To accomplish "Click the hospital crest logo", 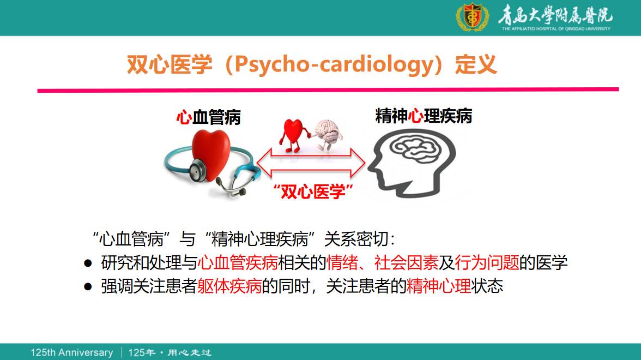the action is pyautogui.click(x=472, y=17).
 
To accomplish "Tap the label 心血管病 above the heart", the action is pyautogui.click(x=208, y=117).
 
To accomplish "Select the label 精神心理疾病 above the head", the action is pyautogui.click(x=424, y=116).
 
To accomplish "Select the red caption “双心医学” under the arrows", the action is pyautogui.click(x=313, y=191).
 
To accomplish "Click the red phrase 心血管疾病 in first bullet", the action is pyautogui.click(x=238, y=262).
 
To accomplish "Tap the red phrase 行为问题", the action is pyautogui.click(x=487, y=262).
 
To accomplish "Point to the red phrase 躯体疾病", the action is pyautogui.click(x=230, y=286).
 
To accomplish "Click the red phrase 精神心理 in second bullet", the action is pyautogui.click(x=439, y=286).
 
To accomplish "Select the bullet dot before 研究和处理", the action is pyautogui.click(x=88, y=263).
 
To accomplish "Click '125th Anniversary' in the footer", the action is pyautogui.click(x=72, y=352).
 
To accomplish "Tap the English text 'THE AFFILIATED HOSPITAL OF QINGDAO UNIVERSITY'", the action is pyautogui.click(x=556, y=28).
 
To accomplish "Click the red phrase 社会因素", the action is pyautogui.click(x=407, y=262).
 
